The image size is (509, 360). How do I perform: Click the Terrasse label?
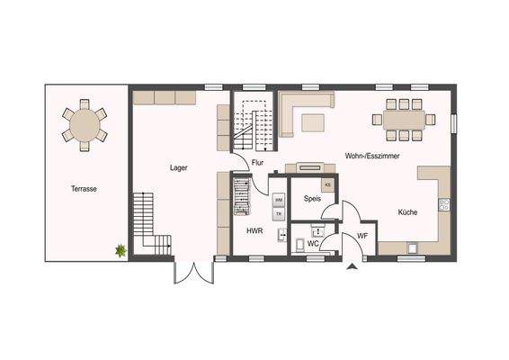85,189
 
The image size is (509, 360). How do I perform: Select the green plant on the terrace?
119,251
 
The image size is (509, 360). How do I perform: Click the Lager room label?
177,167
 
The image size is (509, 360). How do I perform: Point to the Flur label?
257,163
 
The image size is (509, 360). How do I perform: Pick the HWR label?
254,231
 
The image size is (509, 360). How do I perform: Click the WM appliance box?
279,199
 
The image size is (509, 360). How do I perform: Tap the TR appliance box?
279,213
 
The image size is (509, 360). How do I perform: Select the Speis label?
312,199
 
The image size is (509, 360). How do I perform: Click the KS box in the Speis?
327,184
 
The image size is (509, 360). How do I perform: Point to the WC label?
314,243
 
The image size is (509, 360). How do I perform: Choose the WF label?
362,236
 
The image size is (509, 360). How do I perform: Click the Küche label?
407,212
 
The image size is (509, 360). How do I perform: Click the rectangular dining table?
405,120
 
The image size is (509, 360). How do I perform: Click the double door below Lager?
192,271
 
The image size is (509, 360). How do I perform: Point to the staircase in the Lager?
150,223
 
